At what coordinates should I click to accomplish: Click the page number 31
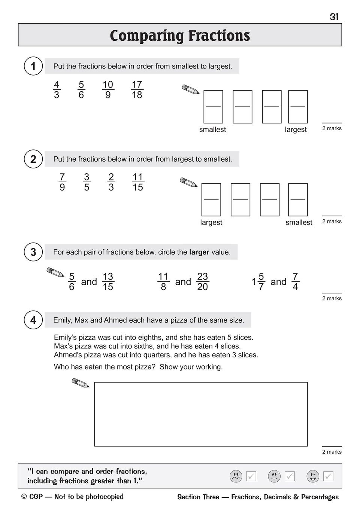(334, 17)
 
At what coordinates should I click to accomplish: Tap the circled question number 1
(33, 66)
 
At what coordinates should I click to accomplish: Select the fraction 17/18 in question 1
(137, 90)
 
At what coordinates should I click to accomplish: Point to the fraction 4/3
(57, 90)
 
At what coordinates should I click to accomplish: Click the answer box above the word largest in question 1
(298, 107)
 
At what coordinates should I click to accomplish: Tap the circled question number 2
(33, 159)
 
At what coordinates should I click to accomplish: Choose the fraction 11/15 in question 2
(138, 182)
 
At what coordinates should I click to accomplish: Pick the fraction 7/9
(62, 182)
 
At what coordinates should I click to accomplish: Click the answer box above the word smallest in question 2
(298, 199)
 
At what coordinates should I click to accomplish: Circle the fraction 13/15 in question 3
(108, 282)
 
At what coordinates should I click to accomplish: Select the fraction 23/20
(202, 282)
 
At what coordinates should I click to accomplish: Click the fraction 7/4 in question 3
(295, 282)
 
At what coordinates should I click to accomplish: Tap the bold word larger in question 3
(199, 252)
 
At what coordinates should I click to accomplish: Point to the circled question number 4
(33, 320)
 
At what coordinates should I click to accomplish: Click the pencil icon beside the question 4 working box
(80, 383)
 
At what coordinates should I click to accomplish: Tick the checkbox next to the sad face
(251, 476)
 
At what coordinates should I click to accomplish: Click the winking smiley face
(313, 476)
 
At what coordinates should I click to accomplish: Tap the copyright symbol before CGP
(24, 497)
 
